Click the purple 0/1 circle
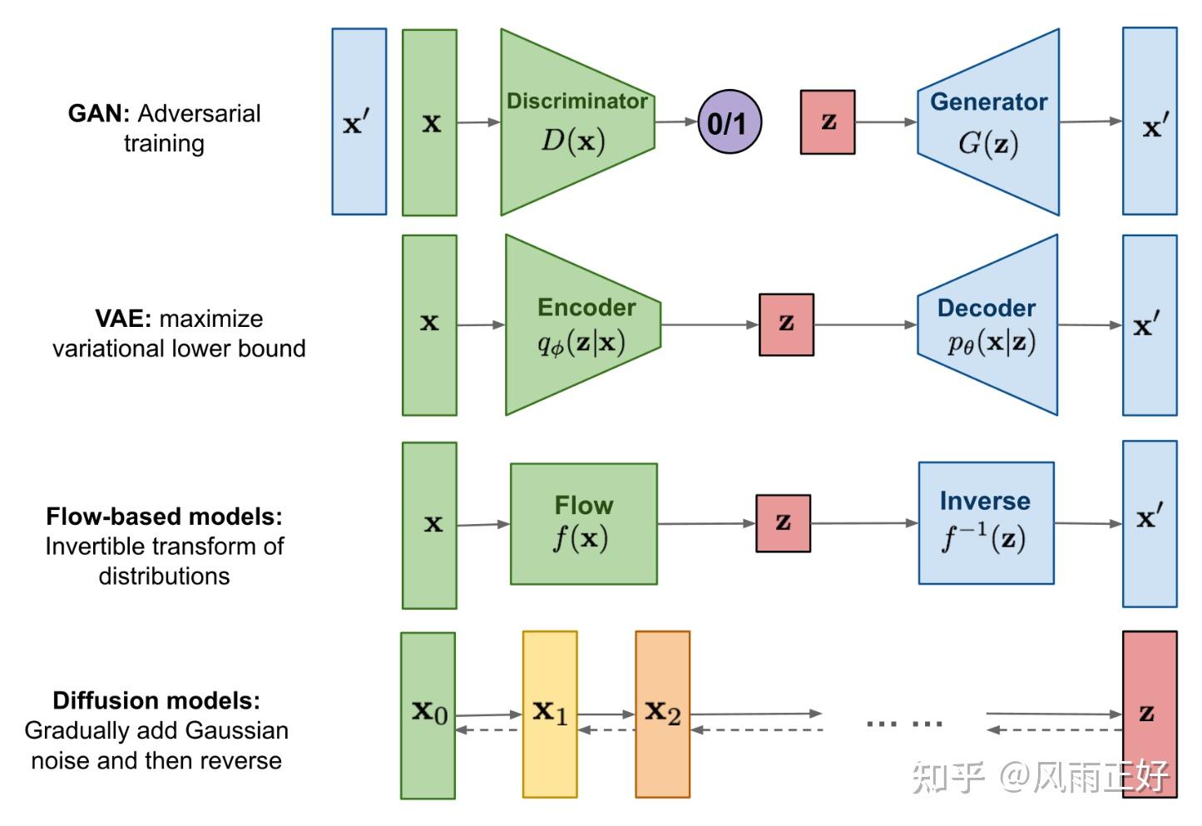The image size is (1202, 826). (x=729, y=122)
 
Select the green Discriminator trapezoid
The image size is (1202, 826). (x=574, y=122)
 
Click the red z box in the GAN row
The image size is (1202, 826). (x=827, y=122)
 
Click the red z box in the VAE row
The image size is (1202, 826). (x=786, y=324)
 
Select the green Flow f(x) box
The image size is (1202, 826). (x=583, y=524)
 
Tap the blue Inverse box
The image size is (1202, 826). (x=986, y=524)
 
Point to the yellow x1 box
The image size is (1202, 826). (x=550, y=715)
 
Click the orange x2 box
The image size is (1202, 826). (x=662, y=715)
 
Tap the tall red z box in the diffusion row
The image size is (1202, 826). (x=1149, y=714)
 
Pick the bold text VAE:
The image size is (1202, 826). (x=123, y=319)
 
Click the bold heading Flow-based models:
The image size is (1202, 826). (x=164, y=517)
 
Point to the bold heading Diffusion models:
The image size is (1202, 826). (x=156, y=700)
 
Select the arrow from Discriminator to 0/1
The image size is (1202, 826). (x=675, y=121)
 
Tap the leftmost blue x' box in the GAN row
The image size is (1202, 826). (x=359, y=122)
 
